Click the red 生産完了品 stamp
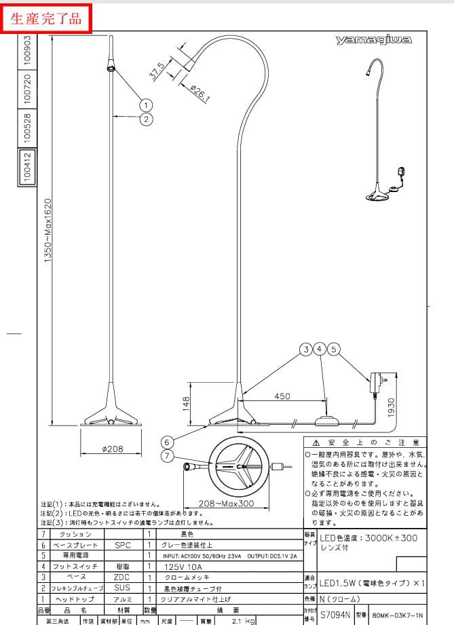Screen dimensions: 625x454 click(47, 17)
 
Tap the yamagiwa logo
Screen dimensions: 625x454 click(373, 41)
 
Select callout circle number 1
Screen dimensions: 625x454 click(146, 105)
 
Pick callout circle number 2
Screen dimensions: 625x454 click(146, 119)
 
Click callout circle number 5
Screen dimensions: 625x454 click(333, 349)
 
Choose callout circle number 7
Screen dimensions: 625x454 click(168, 456)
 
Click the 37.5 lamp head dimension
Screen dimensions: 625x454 click(156, 71)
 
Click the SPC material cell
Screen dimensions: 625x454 click(123, 545)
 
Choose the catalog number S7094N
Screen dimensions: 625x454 click(335, 615)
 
